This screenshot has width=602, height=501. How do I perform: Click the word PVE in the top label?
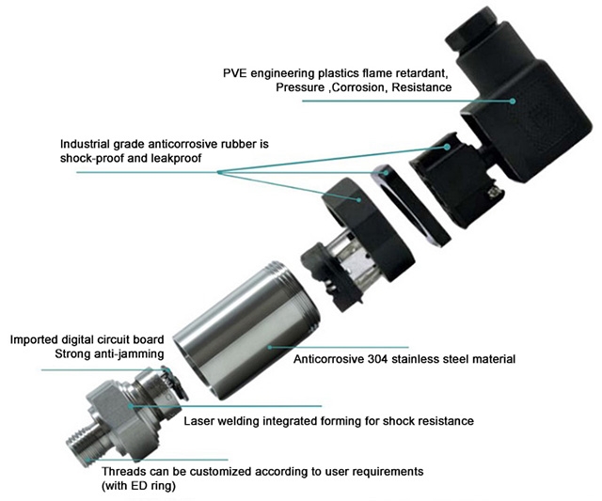pos(236,72)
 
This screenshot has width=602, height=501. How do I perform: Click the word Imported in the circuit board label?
pos(37,338)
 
